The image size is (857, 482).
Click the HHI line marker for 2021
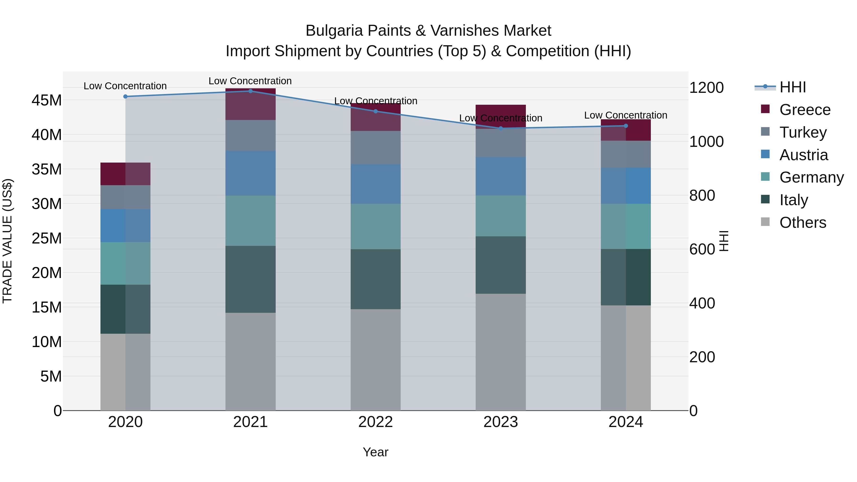coord(250,91)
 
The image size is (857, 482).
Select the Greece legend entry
coord(804,110)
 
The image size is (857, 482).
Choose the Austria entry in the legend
coord(803,155)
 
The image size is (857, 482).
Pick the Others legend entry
coord(802,223)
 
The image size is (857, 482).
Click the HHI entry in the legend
coord(792,87)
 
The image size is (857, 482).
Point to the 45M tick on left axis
coord(47,100)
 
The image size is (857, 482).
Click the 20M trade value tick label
coord(47,273)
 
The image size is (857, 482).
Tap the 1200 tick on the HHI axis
coord(706,88)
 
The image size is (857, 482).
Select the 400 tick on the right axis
coord(702,303)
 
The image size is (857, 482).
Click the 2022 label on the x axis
coord(376,422)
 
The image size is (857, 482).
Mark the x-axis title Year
coord(376,452)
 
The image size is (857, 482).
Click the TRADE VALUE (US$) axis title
coord(7,241)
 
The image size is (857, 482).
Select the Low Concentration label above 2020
coord(125,86)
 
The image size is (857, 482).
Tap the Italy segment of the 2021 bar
coord(250,279)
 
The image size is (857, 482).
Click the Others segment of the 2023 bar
coord(501,352)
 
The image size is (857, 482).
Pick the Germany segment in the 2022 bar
coord(376,227)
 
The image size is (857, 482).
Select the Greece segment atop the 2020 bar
coord(125,174)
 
